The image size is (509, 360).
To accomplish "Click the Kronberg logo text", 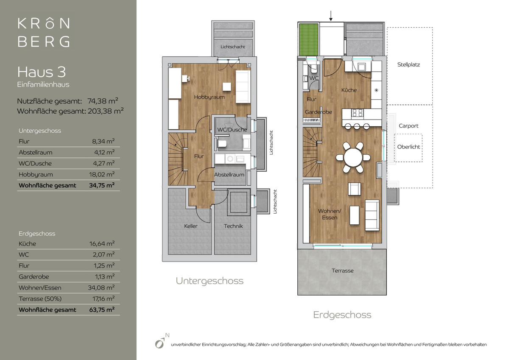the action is point(44,33).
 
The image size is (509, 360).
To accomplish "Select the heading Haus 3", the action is point(42,72).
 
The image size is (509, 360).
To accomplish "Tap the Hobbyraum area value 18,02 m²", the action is point(102,174).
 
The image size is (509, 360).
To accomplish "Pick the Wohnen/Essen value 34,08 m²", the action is point(101,287).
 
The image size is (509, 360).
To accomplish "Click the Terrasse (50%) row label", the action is point(40,299).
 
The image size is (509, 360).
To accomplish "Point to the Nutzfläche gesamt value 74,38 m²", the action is point(103,101).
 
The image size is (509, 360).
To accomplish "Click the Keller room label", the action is point(190,226).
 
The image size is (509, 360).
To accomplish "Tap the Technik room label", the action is point(233,226).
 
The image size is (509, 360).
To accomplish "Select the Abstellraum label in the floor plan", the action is point(229,175).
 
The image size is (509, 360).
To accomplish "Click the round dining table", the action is point(353,157).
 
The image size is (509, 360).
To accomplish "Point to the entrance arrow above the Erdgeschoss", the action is point(331,16).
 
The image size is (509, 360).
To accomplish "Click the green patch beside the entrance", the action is point(308,39).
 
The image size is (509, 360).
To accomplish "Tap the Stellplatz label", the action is point(408,65).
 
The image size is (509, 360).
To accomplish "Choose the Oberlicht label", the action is point(408,147).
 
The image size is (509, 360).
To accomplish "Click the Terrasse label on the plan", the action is point(342,271).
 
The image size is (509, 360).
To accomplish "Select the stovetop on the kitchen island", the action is point(358,113).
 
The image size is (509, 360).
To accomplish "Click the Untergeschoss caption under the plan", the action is point(210,281).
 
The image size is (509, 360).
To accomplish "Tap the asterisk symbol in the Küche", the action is point(376,90).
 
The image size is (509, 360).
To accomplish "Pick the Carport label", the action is point(408,126).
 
